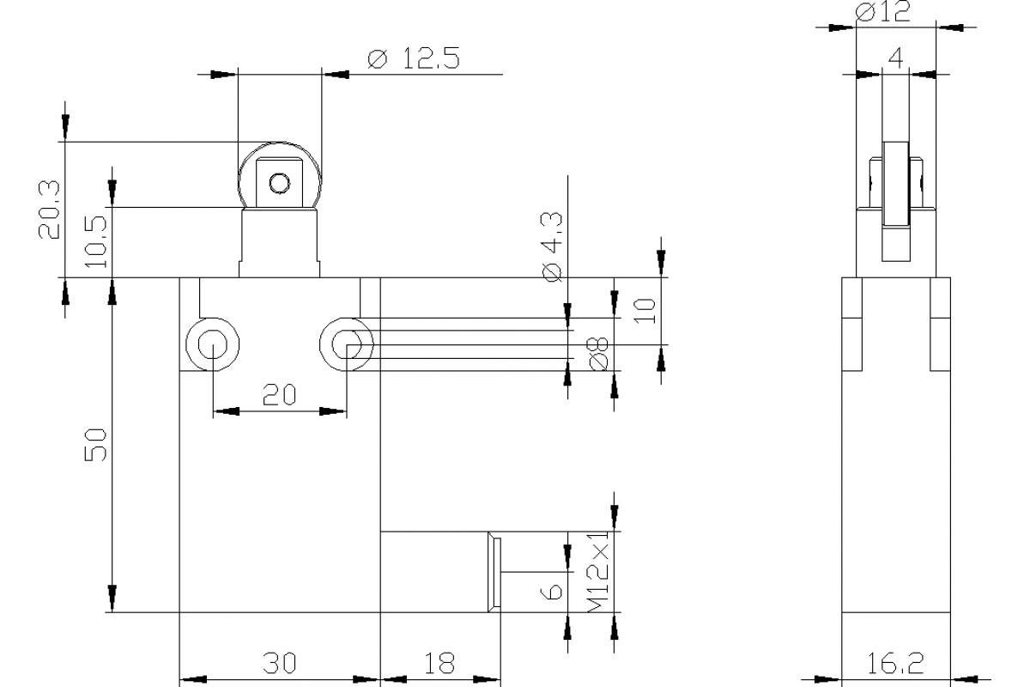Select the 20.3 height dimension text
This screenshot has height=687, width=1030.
click(x=49, y=209)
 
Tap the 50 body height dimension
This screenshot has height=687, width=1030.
click(x=97, y=445)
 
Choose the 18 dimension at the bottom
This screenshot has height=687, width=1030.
click(x=439, y=663)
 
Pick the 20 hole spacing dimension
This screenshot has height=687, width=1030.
click(x=279, y=394)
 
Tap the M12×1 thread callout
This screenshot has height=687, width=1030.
click(x=600, y=570)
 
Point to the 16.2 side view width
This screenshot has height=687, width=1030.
click(x=895, y=663)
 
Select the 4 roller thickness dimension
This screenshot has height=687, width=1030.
click(x=895, y=58)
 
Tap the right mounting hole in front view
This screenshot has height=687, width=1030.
click(x=346, y=345)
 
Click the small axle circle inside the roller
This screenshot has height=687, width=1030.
click(x=279, y=183)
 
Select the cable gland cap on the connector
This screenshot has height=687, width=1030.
click(x=494, y=572)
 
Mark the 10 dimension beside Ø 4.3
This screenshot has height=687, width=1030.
click(x=648, y=309)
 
